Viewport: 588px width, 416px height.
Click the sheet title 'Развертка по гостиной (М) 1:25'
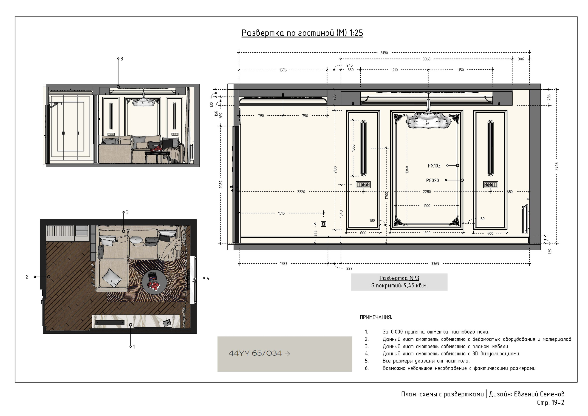point(302,33)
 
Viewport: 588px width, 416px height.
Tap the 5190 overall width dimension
point(384,53)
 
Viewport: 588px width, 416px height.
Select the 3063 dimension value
point(426,59)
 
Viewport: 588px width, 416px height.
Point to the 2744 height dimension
point(557,166)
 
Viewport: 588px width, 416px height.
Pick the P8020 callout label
point(433,180)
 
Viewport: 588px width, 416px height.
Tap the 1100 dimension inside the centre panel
point(427,205)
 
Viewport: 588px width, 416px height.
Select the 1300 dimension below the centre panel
point(427,233)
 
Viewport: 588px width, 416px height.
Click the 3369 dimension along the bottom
point(435,263)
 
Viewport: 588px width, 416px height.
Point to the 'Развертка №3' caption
point(399,278)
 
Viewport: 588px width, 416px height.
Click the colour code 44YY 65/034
point(255,353)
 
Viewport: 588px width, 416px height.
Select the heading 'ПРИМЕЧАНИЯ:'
point(376,317)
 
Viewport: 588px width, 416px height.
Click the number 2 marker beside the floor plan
point(27,277)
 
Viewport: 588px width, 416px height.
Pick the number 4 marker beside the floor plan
point(208,278)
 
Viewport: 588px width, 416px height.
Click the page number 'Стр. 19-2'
point(551,403)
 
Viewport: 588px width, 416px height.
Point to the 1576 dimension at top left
point(283,70)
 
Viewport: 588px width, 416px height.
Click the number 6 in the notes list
point(367,368)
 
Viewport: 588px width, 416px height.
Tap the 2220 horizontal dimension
point(301,192)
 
